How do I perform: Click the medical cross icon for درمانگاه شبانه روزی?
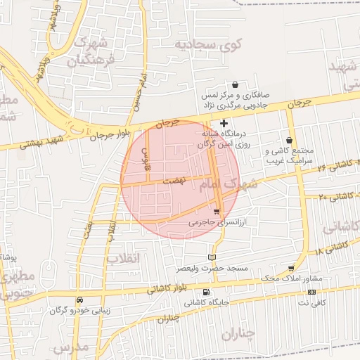(224, 123)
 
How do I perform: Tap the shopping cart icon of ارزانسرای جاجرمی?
(216, 211)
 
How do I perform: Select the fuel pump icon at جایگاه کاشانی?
(205, 292)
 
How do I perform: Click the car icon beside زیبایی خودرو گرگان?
(79, 300)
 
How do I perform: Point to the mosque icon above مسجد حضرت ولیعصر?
(212, 258)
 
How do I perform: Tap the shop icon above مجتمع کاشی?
(290, 141)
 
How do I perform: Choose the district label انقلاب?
(124, 258)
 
